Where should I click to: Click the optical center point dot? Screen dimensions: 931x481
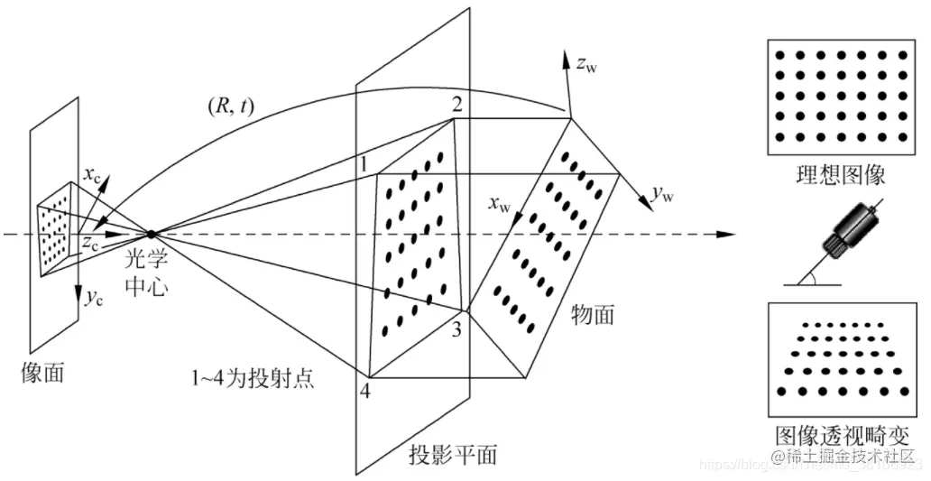pos(151,235)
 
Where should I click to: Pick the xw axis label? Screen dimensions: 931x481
pos(498,205)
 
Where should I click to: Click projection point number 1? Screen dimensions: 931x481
pos(362,164)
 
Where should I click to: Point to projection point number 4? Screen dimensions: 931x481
pos(364,393)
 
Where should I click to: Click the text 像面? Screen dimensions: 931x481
pos(42,373)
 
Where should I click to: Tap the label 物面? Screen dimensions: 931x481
pos(593,314)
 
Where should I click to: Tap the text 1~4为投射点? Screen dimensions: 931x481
pos(257,377)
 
